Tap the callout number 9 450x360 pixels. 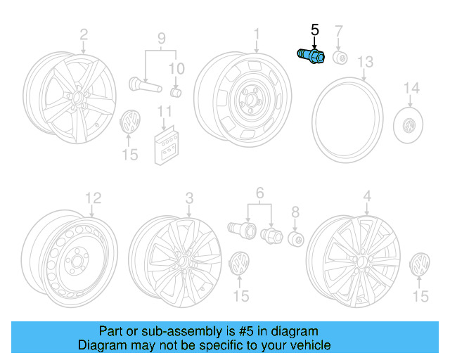click(x=160, y=39)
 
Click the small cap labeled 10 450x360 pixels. click(x=177, y=92)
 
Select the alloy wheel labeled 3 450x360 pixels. click(x=175, y=261)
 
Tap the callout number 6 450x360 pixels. click(x=259, y=193)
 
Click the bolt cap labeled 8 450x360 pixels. click(x=295, y=239)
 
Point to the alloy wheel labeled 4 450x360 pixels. click(x=356, y=260)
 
